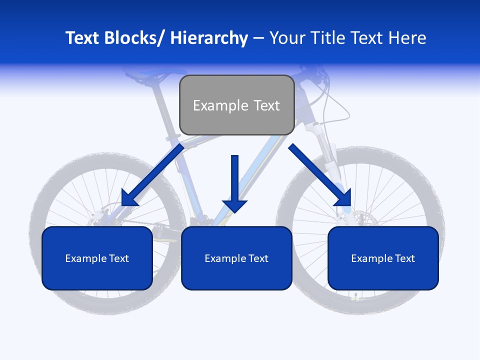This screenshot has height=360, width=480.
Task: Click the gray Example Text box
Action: tap(236, 105)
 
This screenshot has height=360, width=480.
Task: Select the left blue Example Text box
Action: tap(97, 258)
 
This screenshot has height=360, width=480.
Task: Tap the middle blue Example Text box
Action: tap(236, 258)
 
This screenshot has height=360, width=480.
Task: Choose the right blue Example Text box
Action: tap(383, 258)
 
